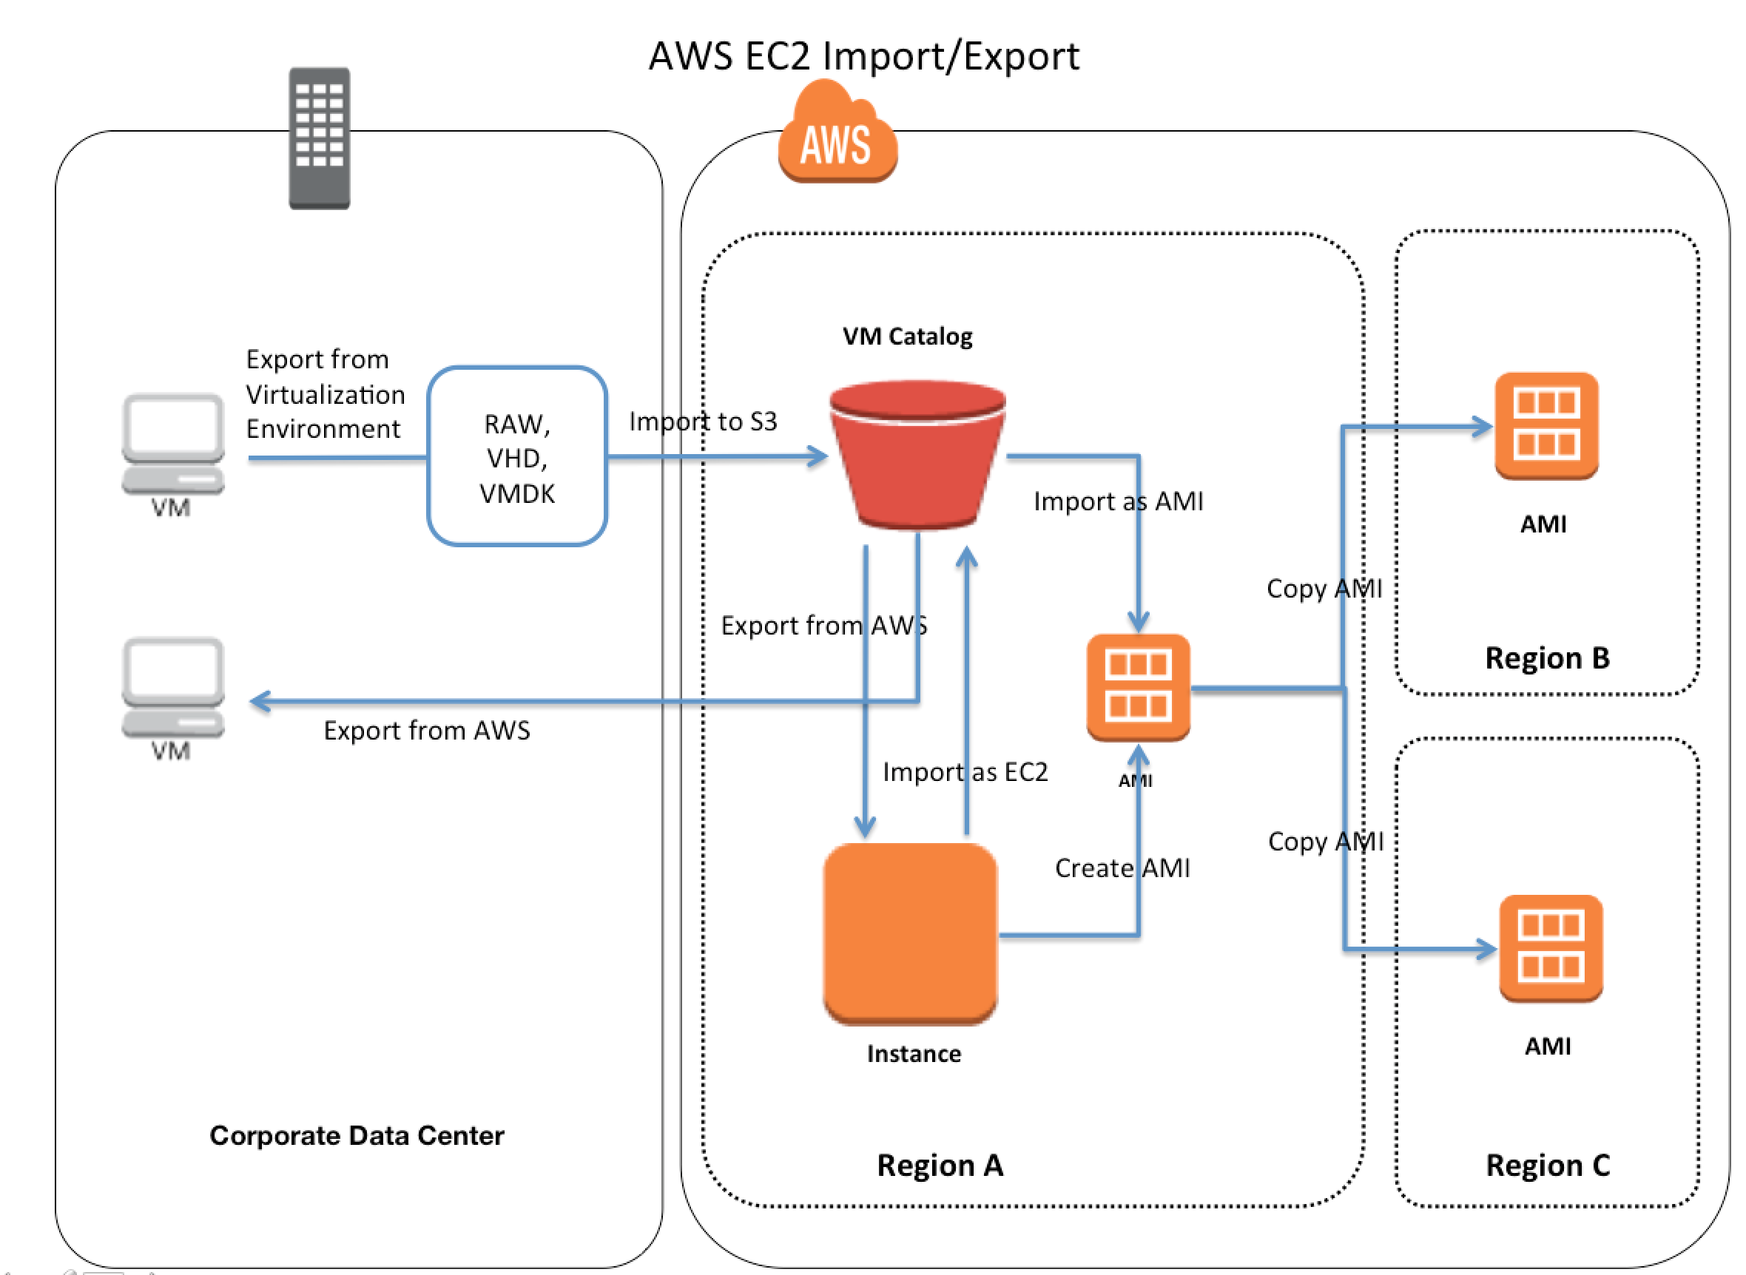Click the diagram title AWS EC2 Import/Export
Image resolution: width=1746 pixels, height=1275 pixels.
(x=863, y=56)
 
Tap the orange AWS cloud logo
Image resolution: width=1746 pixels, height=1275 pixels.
(x=837, y=135)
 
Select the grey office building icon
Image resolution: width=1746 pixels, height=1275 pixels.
(x=320, y=138)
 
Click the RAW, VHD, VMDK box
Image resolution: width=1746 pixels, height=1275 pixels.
(x=516, y=457)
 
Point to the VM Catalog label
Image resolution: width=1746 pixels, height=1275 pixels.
(x=907, y=336)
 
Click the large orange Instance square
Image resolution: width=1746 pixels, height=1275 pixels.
(x=910, y=933)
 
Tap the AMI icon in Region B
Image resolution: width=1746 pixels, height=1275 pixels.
(x=1546, y=425)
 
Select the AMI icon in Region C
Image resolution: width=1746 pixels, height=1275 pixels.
(x=1550, y=948)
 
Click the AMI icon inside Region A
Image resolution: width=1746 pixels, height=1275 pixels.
(x=1138, y=686)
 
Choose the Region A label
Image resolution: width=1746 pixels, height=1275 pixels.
(x=940, y=1166)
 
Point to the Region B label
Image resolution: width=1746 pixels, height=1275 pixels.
(x=1547, y=657)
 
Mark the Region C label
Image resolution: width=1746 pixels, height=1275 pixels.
(x=1548, y=1166)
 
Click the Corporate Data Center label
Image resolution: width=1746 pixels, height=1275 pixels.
(x=357, y=1135)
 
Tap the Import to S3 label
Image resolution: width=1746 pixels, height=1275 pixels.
(x=702, y=422)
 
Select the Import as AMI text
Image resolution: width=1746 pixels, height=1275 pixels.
(x=1118, y=501)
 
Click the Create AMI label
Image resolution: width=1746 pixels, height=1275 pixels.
(x=1122, y=868)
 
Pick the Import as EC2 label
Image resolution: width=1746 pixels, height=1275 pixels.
(x=965, y=772)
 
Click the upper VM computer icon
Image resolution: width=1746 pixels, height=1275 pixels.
(x=173, y=444)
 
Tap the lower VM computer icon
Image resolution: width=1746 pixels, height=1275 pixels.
(x=173, y=687)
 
